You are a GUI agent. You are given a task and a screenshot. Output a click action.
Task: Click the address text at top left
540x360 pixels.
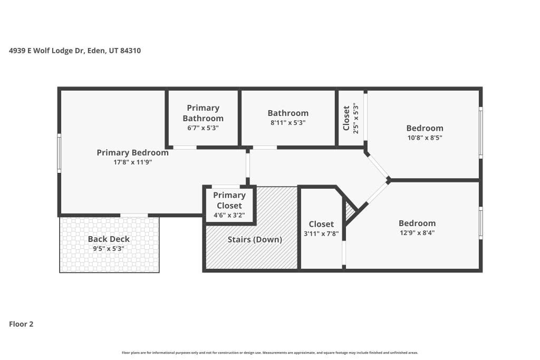pyautogui.click(x=75, y=51)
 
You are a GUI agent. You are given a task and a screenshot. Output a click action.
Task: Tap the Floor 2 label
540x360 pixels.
pyautogui.click(x=21, y=324)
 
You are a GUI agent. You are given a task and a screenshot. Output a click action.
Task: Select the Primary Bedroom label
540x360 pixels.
pyautogui.click(x=132, y=152)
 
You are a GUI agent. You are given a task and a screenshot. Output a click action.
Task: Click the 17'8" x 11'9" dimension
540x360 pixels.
pyautogui.click(x=132, y=162)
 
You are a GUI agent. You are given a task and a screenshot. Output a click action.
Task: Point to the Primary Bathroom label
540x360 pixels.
pyautogui.click(x=203, y=113)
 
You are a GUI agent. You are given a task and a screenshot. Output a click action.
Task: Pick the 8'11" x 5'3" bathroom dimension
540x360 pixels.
pyautogui.click(x=288, y=122)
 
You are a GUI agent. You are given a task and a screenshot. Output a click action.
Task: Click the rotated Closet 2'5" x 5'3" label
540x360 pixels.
pyautogui.click(x=351, y=118)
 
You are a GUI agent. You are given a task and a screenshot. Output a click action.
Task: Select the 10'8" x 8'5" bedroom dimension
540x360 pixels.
pyautogui.click(x=425, y=138)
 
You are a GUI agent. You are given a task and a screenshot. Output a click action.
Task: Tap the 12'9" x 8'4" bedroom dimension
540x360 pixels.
pyautogui.click(x=417, y=232)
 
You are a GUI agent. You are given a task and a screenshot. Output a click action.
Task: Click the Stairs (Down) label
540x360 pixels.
pyautogui.click(x=255, y=239)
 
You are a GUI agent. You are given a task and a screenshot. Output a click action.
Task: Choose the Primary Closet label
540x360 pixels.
pyautogui.click(x=229, y=200)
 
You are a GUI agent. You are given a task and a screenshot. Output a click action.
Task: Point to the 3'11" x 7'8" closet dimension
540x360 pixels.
pyautogui.click(x=321, y=233)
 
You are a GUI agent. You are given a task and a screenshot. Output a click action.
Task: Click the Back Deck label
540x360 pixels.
pyautogui.click(x=109, y=239)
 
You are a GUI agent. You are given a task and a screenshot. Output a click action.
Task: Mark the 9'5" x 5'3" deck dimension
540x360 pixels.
pyautogui.click(x=109, y=248)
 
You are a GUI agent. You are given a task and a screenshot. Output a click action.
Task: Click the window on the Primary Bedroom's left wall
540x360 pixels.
pyautogui.click(x=59, y=153)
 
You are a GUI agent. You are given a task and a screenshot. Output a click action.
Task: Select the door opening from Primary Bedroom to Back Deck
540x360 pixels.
pyautogui.click(x=134, y=216)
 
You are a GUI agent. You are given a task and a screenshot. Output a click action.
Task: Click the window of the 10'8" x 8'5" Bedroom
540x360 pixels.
pyautogui.click(x=481, y=132)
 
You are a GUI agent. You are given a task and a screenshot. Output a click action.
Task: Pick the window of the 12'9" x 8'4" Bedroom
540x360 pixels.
pyautogui.click(x=481, y=222)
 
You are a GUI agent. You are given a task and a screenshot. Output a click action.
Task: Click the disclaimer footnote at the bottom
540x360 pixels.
pyautogui.click(x=269, y=353)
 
